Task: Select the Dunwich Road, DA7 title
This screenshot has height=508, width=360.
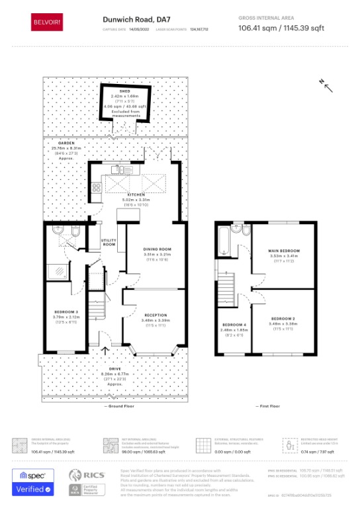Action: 132,20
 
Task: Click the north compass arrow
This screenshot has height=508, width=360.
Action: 325,84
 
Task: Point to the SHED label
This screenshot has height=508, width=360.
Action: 124,90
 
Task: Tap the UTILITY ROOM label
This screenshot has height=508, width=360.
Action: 108,243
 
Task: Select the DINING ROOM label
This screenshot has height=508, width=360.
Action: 157,249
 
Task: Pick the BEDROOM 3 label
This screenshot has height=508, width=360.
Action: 66,311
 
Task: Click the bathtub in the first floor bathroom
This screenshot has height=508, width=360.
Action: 225,241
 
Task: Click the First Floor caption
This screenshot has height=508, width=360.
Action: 266,405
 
